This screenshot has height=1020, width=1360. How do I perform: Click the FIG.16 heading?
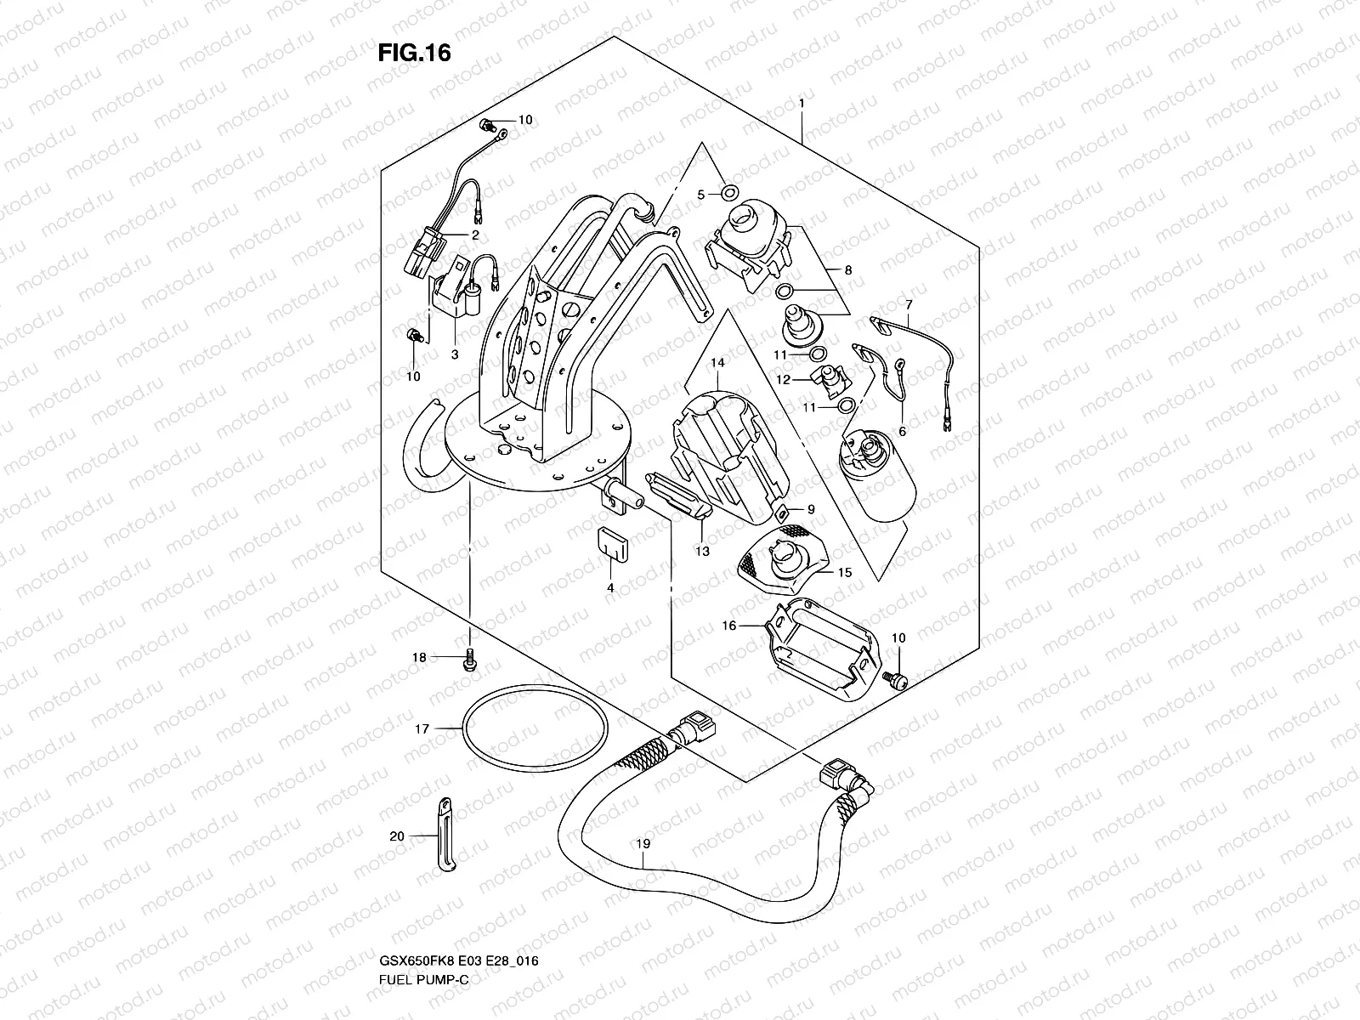click(414, 54)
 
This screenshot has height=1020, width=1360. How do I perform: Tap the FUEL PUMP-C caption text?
click(423, 908)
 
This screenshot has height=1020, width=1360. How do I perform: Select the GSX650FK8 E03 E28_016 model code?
click(460, 890)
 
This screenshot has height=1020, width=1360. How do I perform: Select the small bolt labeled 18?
click(467, 660)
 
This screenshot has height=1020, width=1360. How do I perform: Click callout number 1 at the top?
click(801, 103)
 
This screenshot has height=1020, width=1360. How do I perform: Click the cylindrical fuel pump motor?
click(877, 480)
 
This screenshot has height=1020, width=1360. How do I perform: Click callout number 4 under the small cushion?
click(609, 587)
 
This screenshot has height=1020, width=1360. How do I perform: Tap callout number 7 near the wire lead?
click(909, 303)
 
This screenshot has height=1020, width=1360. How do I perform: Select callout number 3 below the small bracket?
click(455, 354)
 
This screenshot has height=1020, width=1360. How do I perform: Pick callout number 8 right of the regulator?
click(847, 270)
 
